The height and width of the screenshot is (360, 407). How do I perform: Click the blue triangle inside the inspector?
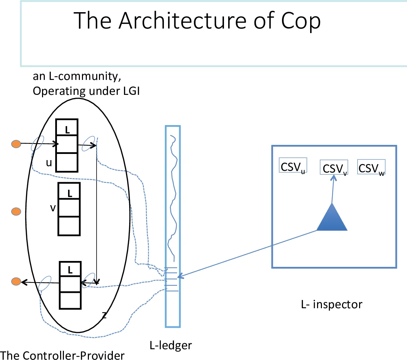tap(332, 219)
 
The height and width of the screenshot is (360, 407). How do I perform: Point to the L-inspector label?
tap(331, 304)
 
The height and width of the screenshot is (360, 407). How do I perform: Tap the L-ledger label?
tap(171, 345)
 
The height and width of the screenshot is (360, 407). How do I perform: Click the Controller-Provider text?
tap(63, 355)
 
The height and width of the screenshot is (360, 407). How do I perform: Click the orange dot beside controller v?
tap(16, 211)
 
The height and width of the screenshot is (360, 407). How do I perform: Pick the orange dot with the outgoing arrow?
tap(16, 144)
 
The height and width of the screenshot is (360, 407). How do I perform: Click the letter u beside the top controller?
tap(49, 163)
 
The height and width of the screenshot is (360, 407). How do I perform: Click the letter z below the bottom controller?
tap(104, 315)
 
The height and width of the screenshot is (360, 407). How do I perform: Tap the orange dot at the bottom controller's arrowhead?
tap(16, 281)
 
